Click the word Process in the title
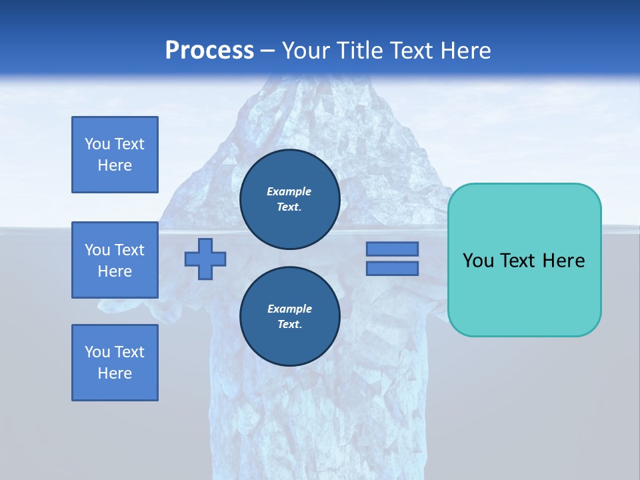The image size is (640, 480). (x=209, y=51)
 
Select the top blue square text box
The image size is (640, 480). (x=115, y=155)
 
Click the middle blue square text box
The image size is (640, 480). (x=115, y=260)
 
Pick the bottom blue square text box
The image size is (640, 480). (x=115, y=363)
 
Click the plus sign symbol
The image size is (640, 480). (x=205, y=259)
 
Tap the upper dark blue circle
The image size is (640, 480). (x=289, y=199)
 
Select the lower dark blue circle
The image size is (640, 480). (x=289, y=317)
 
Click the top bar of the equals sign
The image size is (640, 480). (x=392, y=249)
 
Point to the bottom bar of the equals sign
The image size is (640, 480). (x=392, y=269)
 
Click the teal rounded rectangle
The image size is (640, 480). (x=524, y=260)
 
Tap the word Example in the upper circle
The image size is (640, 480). (x=289, y=191)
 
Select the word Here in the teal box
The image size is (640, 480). (x=563, y=261)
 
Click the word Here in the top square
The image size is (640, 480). (x=115, y=165)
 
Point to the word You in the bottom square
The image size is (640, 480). (x=97, y=352)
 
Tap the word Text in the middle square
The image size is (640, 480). (x=129, y=250)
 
